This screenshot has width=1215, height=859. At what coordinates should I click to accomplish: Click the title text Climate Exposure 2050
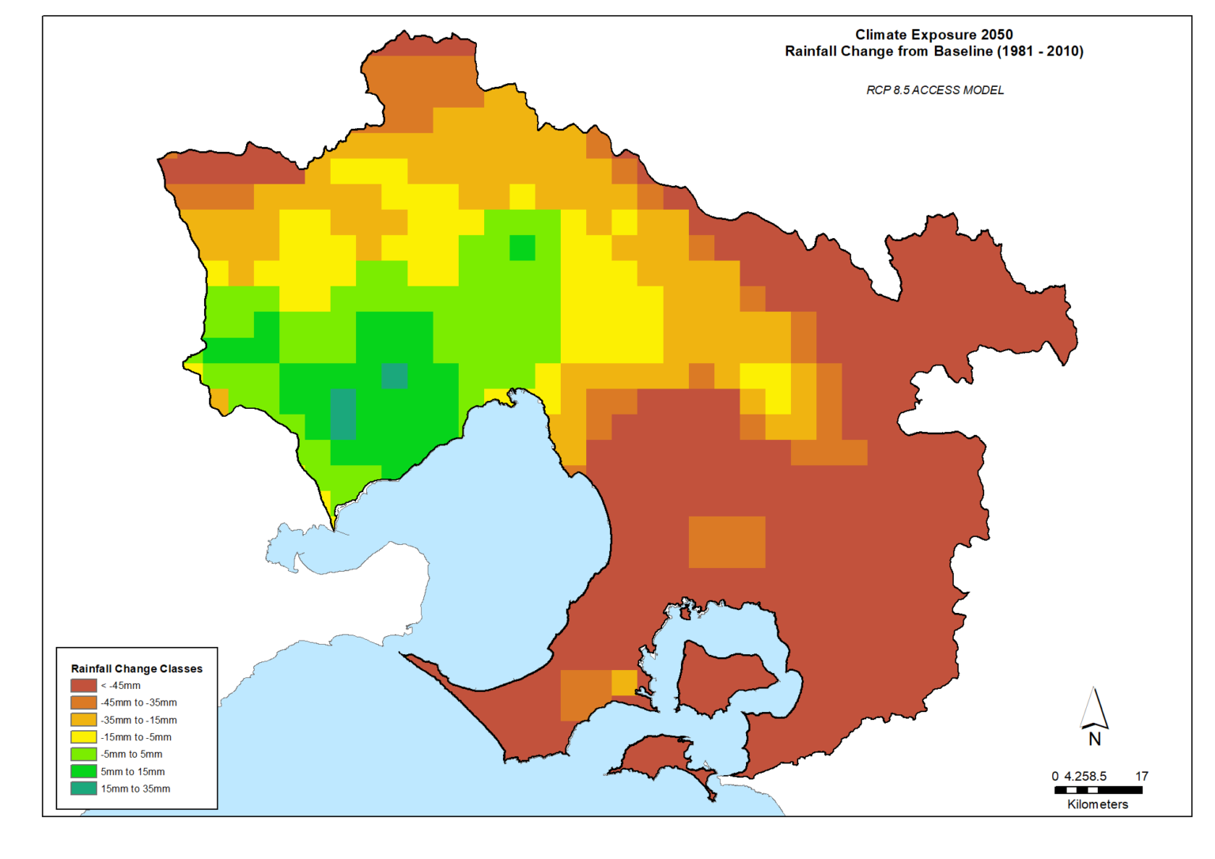pyautogui.click(x=933, y=35)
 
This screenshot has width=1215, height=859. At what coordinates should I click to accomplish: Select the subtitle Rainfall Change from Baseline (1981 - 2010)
pyautogui.click(x=933, y=51)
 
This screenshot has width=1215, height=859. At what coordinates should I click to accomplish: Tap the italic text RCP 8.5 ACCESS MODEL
pyautogui.click(x=934, y=90)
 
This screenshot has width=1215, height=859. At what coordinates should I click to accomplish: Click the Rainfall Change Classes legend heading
pyautogui.click(x=137, y=668)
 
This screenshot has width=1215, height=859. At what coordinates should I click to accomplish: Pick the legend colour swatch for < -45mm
pyautogui.click(x=84, y=686)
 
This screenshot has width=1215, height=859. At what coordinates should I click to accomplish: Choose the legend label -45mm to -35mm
pyautogui.click(x=138, y=702)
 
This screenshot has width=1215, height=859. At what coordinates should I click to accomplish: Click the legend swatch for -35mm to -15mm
pyautogui.click(x=84, y=720)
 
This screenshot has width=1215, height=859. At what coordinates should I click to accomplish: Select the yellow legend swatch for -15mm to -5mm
pyautogui.click(x=84, y=737)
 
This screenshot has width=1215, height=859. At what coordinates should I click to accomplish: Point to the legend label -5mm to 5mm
pyautogui.click(x=131, y=755)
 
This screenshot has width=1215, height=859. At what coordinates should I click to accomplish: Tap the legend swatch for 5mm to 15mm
pyautogui.click(x=84, y=771)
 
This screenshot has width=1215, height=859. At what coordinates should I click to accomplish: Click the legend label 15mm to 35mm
pyautogui.click(x=135, y=789)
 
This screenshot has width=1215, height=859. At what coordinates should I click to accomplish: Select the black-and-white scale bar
pyautogui.click(x=1098, y=789)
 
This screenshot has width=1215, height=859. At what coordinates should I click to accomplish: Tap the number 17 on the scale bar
pyautogui.click(x=1141, y=776)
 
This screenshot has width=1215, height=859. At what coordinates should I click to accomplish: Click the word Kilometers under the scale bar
pyautogui.click(x=1097, y=804)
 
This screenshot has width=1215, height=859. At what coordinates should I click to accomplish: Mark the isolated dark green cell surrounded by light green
pyautogui.click(x=522, y=248)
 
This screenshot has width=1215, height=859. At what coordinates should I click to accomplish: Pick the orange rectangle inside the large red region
pyautogui.click(x=727, y=542)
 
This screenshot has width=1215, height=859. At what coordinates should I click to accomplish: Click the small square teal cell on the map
pyautogui.click(x=395, y=376)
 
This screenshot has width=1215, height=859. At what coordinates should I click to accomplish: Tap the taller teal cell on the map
pyautogui.click(x=343, y=414)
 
